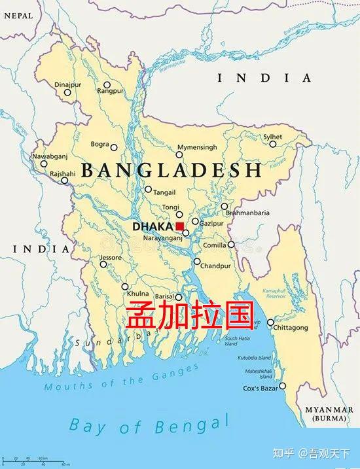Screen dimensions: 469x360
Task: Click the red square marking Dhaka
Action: click(180, 226)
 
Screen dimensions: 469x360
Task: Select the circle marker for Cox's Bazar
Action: click(283, 386)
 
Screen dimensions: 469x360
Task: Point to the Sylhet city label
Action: click(273, 137)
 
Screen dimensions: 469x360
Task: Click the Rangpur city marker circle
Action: click(107, 85)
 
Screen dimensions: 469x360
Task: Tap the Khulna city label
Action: click(139, 294)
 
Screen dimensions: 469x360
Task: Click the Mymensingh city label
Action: click(196, 147)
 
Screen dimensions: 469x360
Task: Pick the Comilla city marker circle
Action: click(232, 245)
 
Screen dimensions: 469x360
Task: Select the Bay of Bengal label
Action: click(150, 425)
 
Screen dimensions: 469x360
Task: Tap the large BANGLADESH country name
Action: click(171, 171)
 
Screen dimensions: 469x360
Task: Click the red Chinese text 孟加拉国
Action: click(189, 315)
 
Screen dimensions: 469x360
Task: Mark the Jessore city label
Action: click(111, 258)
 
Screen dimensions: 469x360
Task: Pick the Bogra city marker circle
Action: click(114, 148)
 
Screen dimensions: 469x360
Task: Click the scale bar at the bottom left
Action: click(33, 460)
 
